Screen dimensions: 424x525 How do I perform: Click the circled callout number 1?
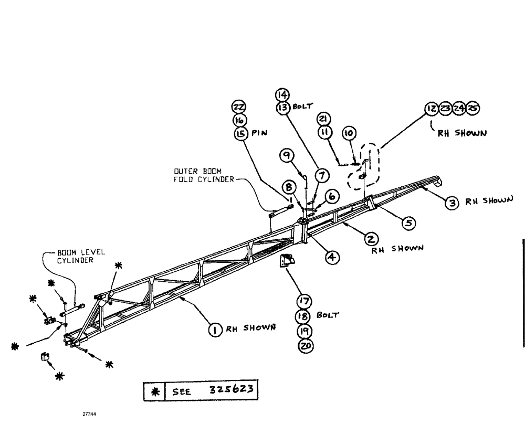coord(214,330)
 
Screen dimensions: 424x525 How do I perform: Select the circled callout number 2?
coord(370,239)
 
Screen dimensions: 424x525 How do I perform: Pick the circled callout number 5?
coord(408,223)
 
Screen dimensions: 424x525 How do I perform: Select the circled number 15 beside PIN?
coord(241,133)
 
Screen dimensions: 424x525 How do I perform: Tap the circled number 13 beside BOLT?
coord(283,107)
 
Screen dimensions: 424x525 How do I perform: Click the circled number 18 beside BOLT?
coord(304,316)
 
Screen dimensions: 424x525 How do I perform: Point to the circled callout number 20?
coord(304,346)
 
